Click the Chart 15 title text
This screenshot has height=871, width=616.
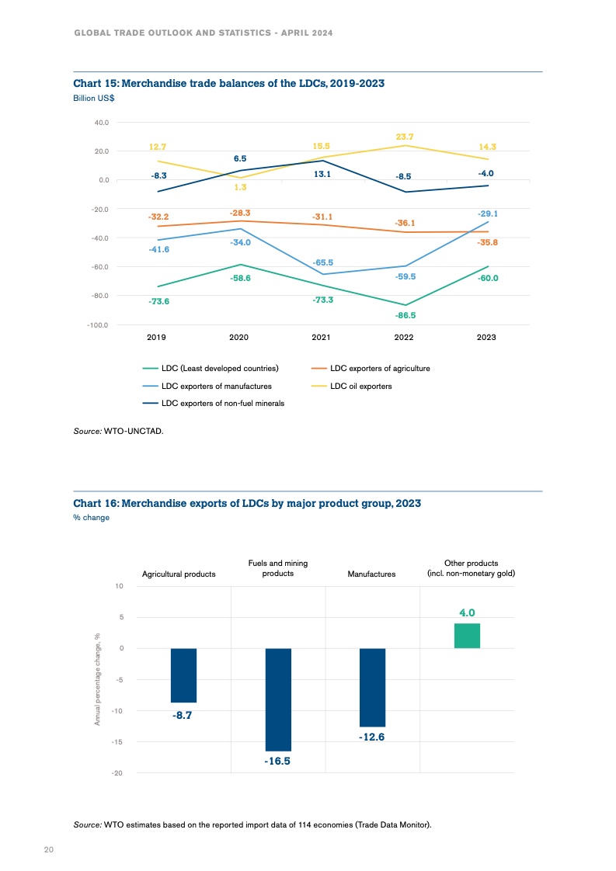point(228,83)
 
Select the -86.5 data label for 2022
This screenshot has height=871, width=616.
point(405,316)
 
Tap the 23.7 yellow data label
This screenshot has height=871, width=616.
point(404,137)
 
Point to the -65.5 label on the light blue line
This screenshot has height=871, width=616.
point(322,263)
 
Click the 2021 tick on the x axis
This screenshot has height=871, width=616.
point(321,338)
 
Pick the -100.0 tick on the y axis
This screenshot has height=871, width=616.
point(98,324)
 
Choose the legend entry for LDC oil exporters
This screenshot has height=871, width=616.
point(360,386)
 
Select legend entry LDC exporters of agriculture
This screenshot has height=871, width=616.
point(380,368)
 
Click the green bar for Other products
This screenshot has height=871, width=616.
point(467,635)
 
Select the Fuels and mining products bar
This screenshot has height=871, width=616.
point(278,699)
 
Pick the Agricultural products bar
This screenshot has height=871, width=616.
point(183,675)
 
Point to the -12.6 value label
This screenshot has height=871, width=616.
point(372,737)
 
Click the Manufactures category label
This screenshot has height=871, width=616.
point(372,574)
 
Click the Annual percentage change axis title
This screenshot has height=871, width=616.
point(98,679)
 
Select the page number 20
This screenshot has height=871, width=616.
point(48,850)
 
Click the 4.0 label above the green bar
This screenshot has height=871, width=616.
point(467,612)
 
